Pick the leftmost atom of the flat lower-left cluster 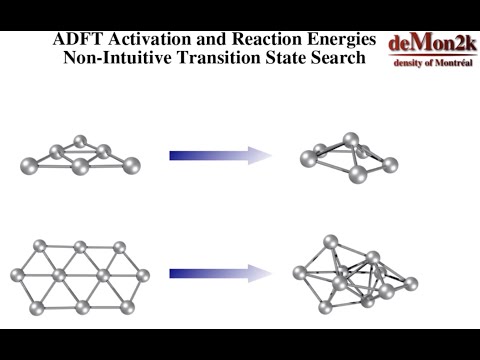coord(18,275)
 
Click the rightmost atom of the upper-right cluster coord(391,162)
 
